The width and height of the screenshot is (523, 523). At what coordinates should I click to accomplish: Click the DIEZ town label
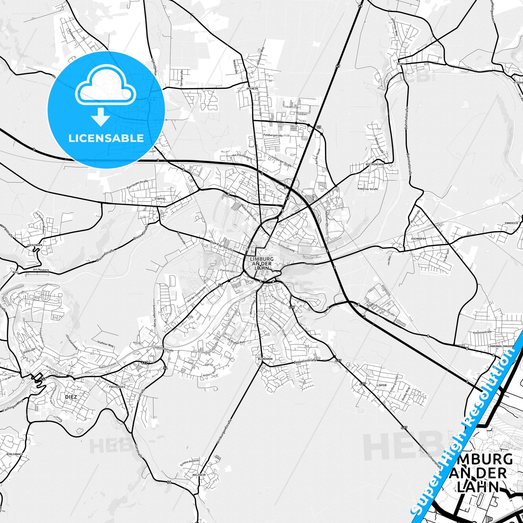pos(71,397)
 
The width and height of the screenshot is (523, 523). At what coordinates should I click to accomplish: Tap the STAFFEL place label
pos(160,199)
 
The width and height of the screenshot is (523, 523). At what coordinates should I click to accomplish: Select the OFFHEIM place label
pos(252,88)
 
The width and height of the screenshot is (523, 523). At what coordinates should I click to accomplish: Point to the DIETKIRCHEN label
pos(374,164)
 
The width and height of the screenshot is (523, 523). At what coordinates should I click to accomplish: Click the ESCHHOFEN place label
pos(418,239)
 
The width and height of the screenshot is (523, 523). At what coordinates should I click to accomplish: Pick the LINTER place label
pos(381,385)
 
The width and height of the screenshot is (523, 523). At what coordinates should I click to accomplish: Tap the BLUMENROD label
pos(265,359)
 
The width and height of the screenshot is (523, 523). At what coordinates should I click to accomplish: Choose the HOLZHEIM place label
pos(199,475)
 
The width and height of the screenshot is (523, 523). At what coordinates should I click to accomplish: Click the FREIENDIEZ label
pos(117,387)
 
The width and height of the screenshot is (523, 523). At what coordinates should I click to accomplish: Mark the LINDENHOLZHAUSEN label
pos(501,346)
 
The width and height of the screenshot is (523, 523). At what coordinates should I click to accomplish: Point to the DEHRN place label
pos(401,64)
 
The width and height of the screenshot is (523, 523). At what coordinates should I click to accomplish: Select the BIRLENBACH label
pos(15,454)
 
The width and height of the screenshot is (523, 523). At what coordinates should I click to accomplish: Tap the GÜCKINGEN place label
pos(35,245)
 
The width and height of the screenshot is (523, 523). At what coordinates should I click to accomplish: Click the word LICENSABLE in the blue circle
pos(106,138)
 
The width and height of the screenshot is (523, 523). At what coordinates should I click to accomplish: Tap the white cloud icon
pos(106,85)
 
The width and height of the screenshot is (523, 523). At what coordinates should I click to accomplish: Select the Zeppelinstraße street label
pos(305,361)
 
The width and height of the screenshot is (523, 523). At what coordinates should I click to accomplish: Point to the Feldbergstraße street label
pos(273,135)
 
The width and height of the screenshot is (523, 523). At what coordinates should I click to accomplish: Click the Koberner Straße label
pos(368,189)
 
